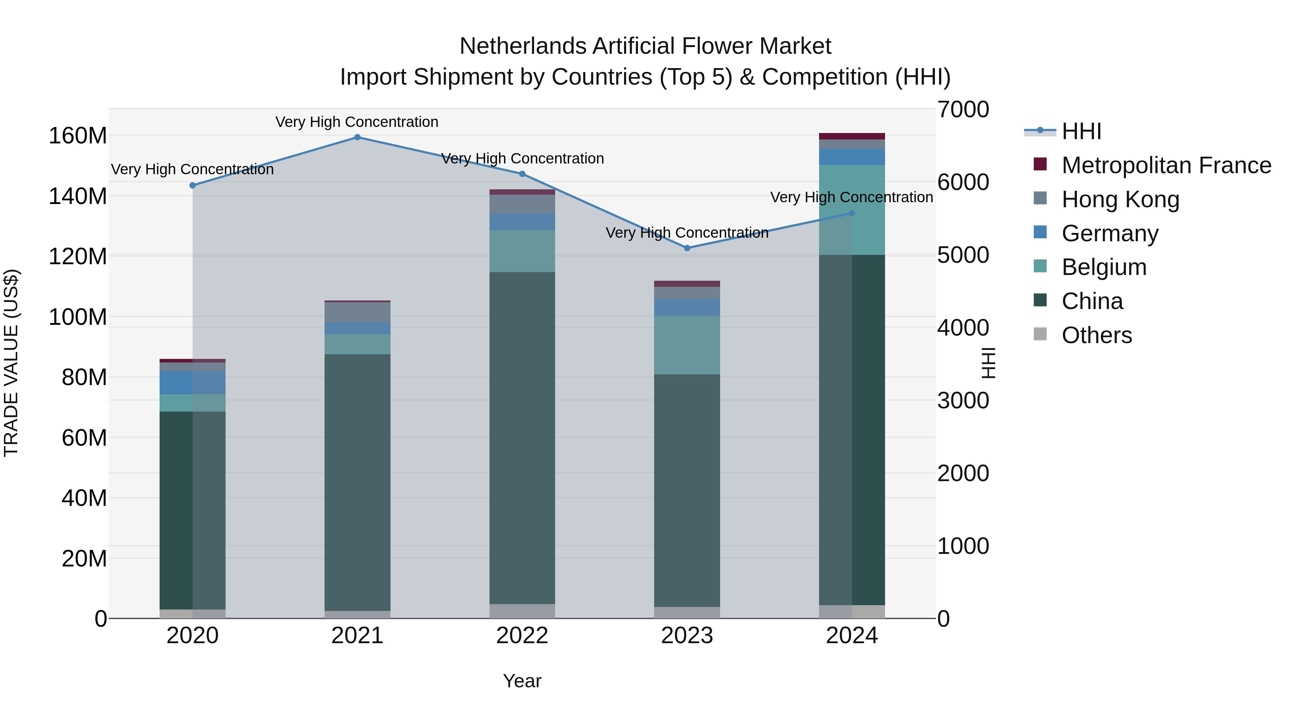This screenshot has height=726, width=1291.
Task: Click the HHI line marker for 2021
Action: (x=357, y=137)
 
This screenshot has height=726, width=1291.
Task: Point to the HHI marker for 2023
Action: (x=687, y=248)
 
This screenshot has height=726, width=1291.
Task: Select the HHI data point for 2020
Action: (x=193, y=185)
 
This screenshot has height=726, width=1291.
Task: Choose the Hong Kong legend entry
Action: (x=1120, y=199)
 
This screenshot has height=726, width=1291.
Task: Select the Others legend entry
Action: (x=1097, y=335)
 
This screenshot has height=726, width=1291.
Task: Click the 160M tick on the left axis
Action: (x=78, y=136)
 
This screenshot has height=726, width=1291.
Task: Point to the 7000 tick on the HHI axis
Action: (x=963, y=110)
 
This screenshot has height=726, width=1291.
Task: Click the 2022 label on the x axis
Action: (x=522, y=636)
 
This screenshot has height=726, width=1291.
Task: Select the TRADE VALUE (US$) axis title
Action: (x=11, y=363)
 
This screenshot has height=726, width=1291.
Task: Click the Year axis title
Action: (x=522, y=681)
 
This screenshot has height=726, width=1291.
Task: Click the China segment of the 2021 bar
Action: (x=357, y=481)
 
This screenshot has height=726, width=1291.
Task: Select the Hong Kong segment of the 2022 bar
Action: (x=522, y=204)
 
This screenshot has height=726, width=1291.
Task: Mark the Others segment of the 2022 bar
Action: (x=522, y=611)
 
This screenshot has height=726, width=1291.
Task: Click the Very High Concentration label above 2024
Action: (x=851, y=198)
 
